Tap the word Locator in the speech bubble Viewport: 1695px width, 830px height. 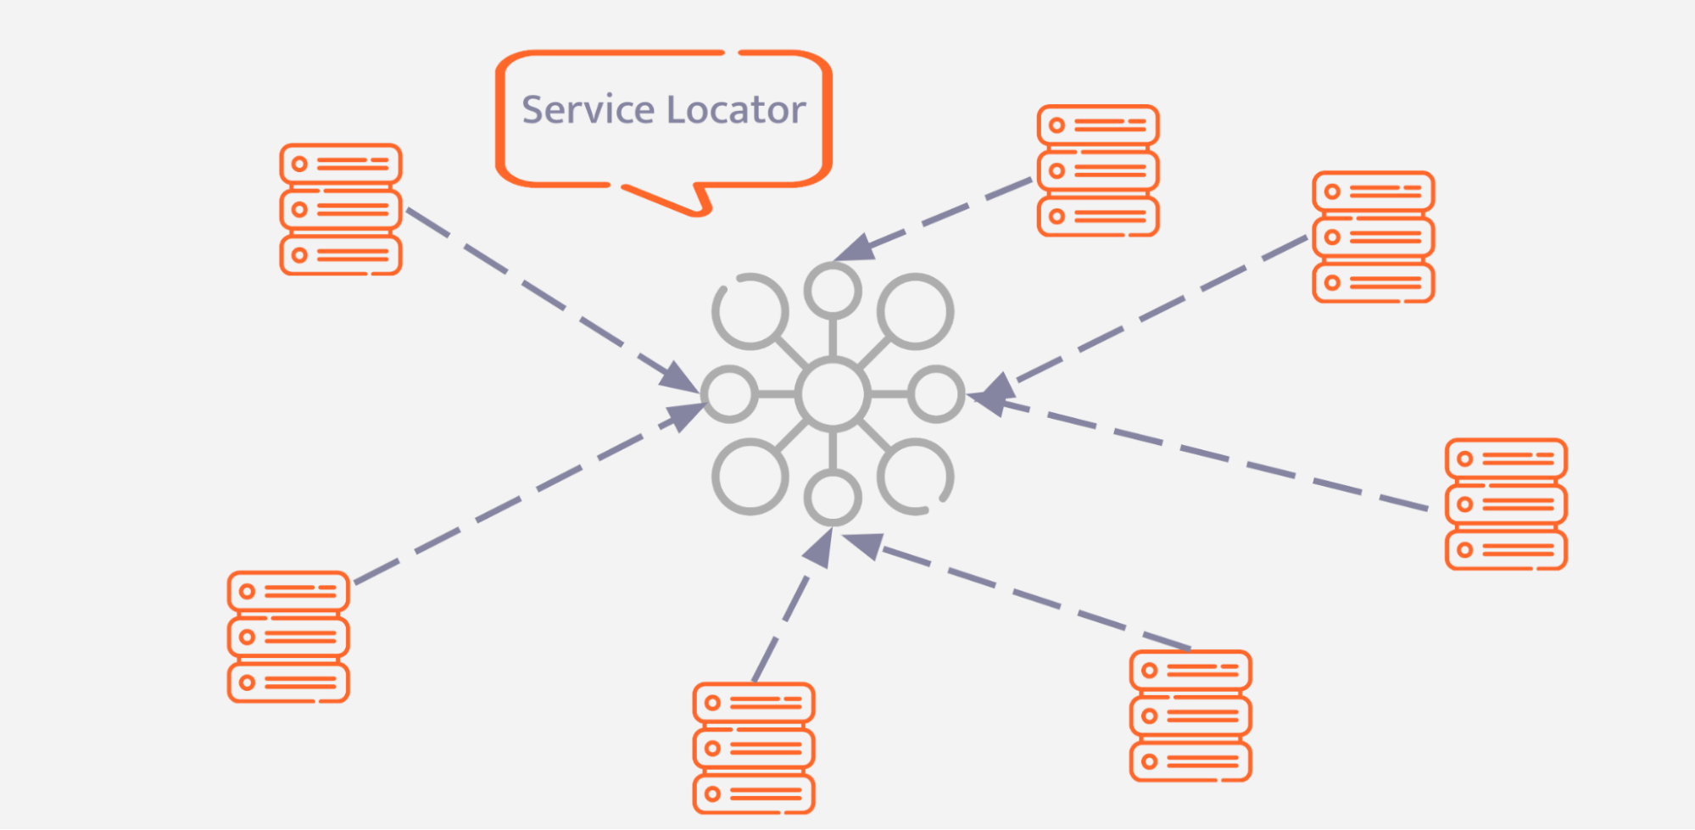[736, 110]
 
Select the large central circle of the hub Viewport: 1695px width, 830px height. [833, 394]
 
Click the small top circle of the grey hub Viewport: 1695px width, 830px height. [833, 290]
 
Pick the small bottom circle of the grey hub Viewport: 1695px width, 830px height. [833, 498]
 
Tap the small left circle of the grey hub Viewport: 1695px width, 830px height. [729, 394]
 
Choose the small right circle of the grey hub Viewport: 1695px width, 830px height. [936, 394]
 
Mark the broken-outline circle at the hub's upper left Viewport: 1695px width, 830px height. [750, 311]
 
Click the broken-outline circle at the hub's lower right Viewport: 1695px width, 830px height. [915, 476]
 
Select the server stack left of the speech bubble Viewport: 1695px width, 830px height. [341, 209]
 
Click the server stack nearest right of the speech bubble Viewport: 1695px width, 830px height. [1098, 170]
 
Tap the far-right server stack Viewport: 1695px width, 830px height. [1506, 504]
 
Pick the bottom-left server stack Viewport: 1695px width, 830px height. [288, 637]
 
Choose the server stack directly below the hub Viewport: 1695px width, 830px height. [754, 749]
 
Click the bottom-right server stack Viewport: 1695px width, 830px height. [1190, 716]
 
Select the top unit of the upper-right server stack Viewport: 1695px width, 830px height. [1373, 192]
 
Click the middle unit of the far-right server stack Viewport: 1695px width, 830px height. [1506, 504]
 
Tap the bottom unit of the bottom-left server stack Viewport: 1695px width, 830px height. [288, 682]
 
